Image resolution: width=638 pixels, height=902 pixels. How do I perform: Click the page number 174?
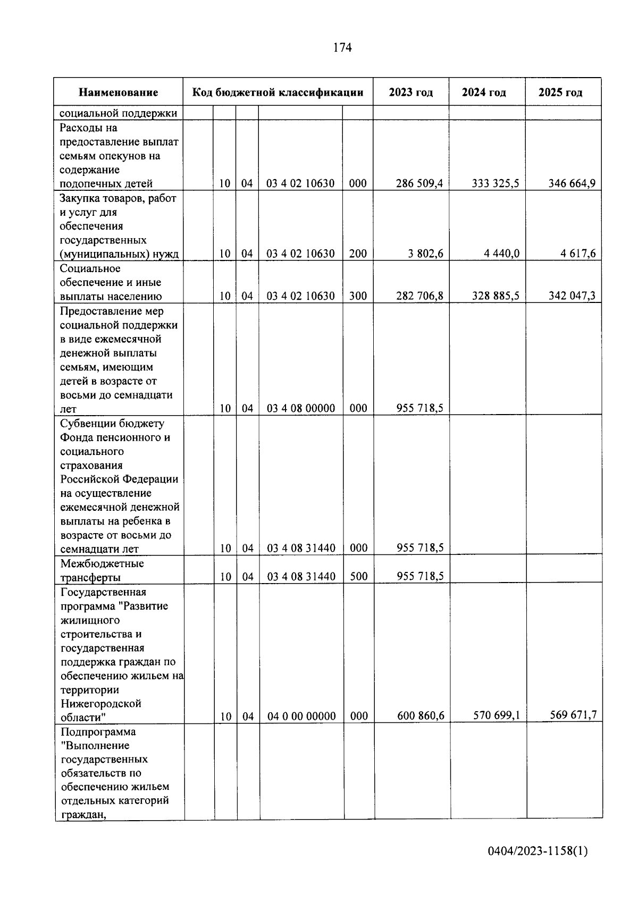point(342,48)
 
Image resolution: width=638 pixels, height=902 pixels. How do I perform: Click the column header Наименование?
point(118,92)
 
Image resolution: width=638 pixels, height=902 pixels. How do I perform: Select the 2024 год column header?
point(484,92)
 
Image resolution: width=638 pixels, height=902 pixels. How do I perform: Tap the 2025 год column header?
point(560,92)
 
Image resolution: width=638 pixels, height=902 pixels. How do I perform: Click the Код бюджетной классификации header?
point(278,92)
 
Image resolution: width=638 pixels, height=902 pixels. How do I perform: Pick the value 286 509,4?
point(419,184)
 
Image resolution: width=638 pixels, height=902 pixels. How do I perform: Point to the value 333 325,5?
point(496,184)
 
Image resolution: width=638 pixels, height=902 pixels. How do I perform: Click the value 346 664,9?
point(572,184)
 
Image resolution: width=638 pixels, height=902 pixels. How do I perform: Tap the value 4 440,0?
point(501,254)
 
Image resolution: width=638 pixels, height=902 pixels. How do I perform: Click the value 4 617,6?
point(577,254)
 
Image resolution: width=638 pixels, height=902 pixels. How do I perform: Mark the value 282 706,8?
point(419,296)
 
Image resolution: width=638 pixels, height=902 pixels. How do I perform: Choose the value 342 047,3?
point(572,296)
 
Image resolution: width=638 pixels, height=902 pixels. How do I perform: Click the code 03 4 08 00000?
point(301,409)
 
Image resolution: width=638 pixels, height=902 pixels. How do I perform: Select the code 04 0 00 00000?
point(301,716)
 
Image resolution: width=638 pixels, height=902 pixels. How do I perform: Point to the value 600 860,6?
point(421,716)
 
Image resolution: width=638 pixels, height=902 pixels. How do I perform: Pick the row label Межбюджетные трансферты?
point(102,570)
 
